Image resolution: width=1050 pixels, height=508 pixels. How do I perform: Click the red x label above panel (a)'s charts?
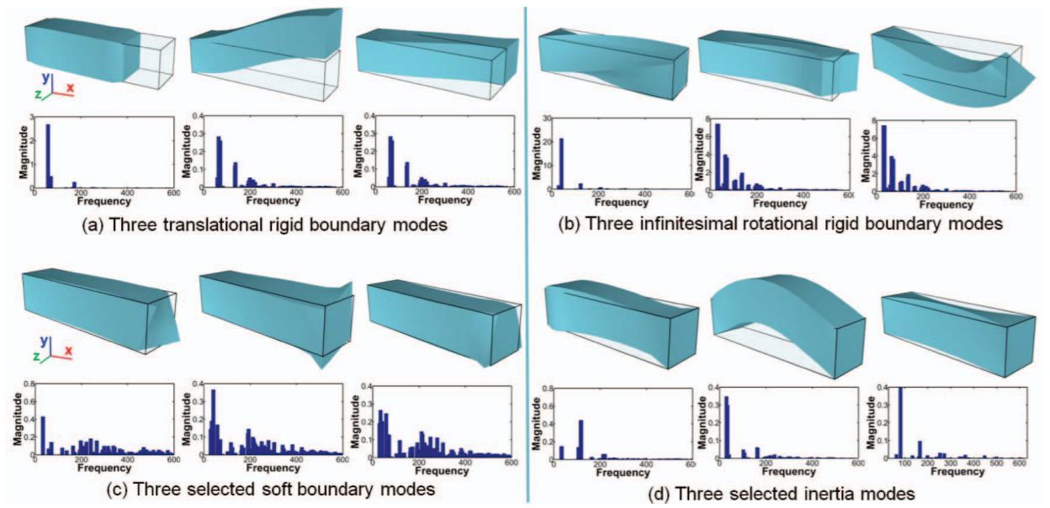point(70,87)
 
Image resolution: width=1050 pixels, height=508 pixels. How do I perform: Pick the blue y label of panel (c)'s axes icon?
point(45,341)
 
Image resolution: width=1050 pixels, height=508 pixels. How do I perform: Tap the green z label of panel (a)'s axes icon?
point(39,94)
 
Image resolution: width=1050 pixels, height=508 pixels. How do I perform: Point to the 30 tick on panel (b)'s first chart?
point(547,119)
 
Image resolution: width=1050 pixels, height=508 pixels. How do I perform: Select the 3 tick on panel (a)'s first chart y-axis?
point(31,117)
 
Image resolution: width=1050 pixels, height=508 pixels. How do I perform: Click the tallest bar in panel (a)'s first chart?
point(48,156)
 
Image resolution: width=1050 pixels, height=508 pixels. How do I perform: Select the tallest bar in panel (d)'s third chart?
point(900,421)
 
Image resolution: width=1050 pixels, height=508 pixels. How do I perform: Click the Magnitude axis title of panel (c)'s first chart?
point(18,419)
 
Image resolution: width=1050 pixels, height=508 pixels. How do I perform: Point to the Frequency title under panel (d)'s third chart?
point(957,472)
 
